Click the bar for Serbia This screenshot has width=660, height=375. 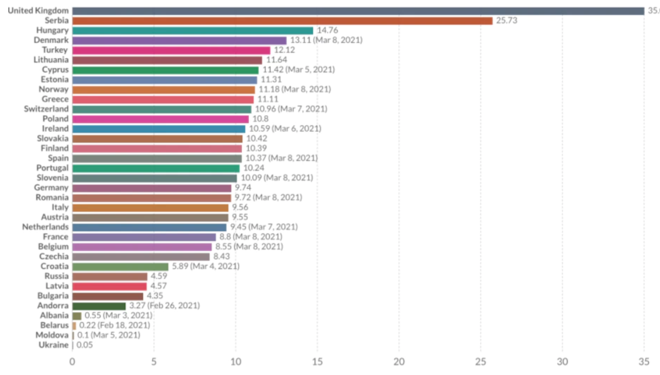coord(282,21)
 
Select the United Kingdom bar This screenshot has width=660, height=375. coord(358,11)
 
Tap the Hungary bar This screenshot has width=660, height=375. coord(193,31)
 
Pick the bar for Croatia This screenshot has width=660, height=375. coord(120,266)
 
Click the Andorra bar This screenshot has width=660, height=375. coord(99,306)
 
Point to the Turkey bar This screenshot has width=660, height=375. coord(171,50)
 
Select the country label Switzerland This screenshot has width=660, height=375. coord(46,109)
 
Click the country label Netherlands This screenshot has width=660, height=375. coord(45,227)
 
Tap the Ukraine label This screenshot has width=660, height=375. coord(54,345)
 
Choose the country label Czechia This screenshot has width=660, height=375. coord(54,256)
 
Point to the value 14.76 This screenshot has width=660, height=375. coord(329,31)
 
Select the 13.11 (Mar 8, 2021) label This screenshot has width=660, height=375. coord(326,40)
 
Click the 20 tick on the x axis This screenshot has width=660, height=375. coord(399,361)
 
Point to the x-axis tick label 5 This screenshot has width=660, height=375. coord(154,361)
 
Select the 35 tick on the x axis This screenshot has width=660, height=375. coord(644,361)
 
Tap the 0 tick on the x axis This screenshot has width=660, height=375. coord(72,361)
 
